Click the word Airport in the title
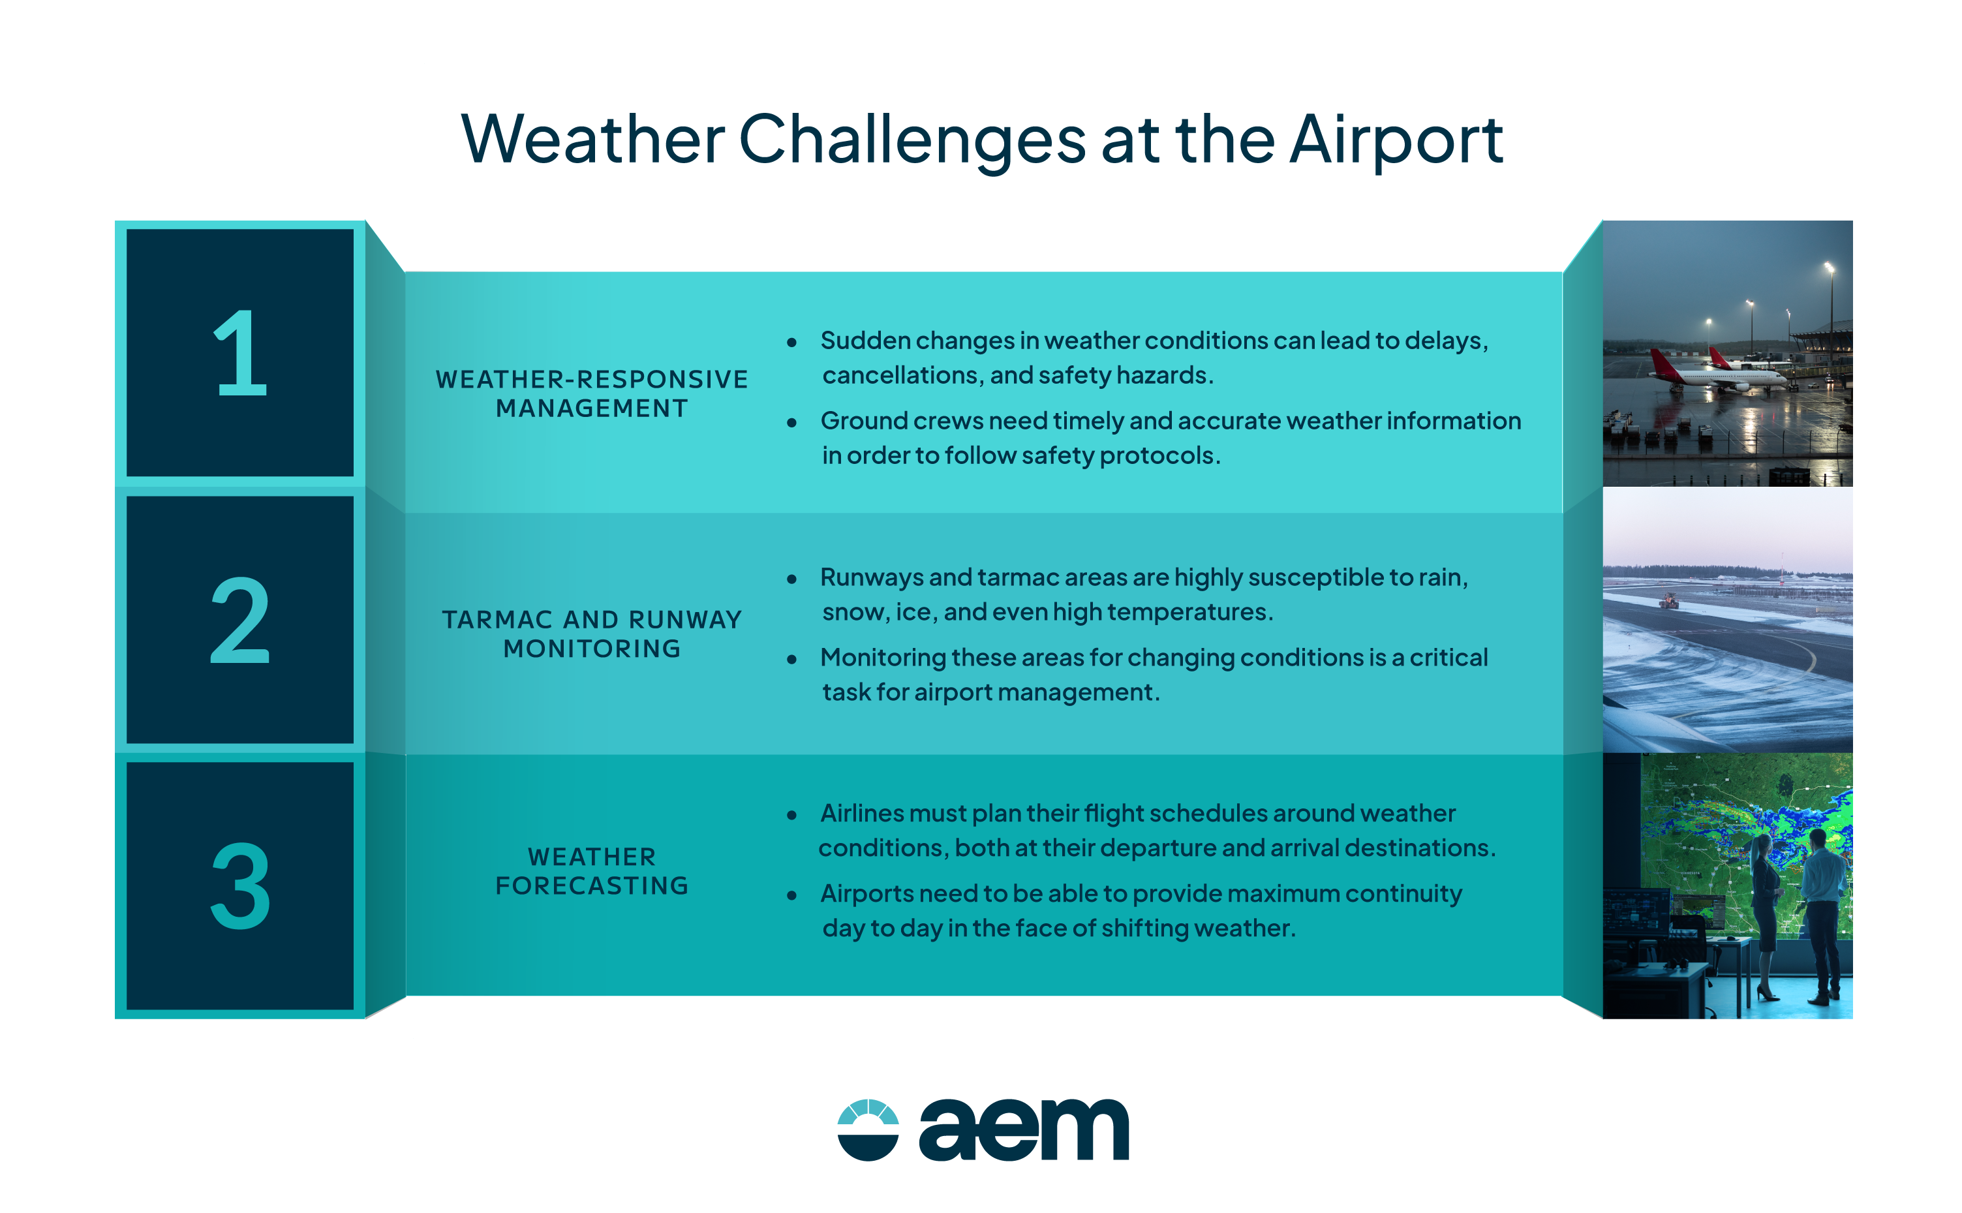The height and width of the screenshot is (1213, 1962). tap(1396, 140)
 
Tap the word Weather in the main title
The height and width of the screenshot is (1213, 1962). tap(594, 140)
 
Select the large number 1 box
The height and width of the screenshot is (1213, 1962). tap(240, 353)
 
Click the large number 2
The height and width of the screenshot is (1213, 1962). tap(240, 620)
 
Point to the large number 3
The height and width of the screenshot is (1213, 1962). tap(240, 887)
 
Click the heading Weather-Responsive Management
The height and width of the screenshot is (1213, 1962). tap(592, 393)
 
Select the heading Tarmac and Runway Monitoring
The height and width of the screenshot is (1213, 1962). tap(592, 634)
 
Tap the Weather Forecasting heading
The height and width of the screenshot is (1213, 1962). tap(592, 870)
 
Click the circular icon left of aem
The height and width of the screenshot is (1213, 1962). tap(868, 1129)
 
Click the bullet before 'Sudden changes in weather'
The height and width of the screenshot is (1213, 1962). tap(791, 343)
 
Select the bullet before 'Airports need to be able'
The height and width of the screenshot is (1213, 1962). tap(791, 895)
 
